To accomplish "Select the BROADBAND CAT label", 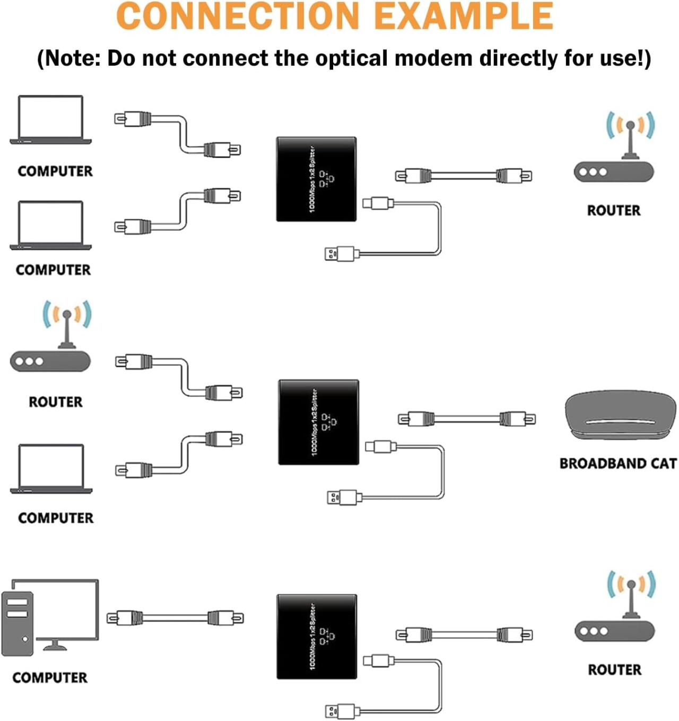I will click(618, 463).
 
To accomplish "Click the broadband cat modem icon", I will click(620, 416).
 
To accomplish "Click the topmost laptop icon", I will click(50, 120).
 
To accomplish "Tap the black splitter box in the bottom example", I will click(317, 637).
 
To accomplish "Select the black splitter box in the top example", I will click(316, 179).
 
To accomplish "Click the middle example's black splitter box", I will click(318, 422).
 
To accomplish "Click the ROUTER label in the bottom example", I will click(614, 669).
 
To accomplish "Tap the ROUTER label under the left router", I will click(56, 402).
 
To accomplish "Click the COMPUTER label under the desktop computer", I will click(50, 677).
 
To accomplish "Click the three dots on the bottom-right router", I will click(594, 631).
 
